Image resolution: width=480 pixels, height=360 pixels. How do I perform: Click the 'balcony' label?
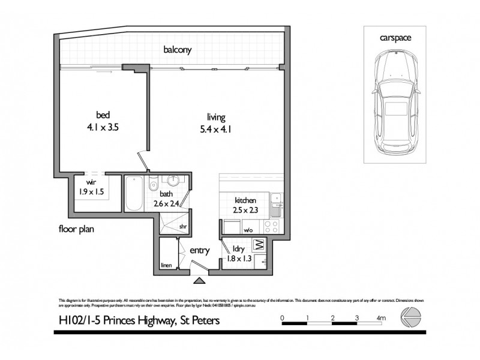tap(178, 50)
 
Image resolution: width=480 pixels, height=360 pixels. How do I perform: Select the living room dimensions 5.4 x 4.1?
tap(214, 128)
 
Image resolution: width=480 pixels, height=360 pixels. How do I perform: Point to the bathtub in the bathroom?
tap(134, 193)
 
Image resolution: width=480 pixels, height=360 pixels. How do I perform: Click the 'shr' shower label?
tap(183, 226)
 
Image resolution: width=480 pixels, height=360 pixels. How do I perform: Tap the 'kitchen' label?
tap(245, 200)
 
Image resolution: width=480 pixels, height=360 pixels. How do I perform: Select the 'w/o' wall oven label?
tap(248, 230)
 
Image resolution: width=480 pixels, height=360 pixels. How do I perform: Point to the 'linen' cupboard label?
tap(167, 265)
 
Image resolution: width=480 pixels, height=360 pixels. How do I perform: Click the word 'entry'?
tap(199, 250)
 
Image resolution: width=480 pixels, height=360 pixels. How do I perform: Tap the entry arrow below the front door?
tap(199, 278)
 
